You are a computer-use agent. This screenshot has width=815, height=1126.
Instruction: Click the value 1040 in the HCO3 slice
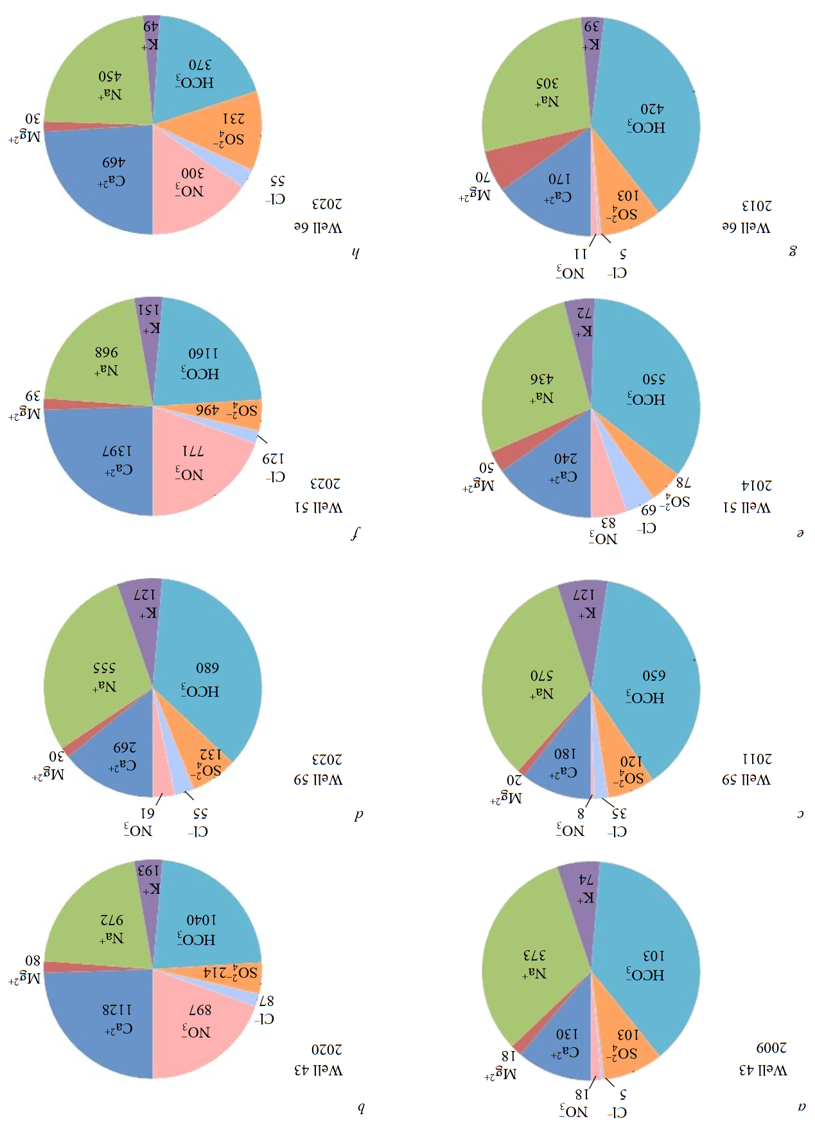click(202, 920)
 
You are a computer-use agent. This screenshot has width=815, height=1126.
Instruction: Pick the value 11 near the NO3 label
click(581, 254)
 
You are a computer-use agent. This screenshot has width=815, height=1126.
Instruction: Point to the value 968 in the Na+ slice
click(107, 352)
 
